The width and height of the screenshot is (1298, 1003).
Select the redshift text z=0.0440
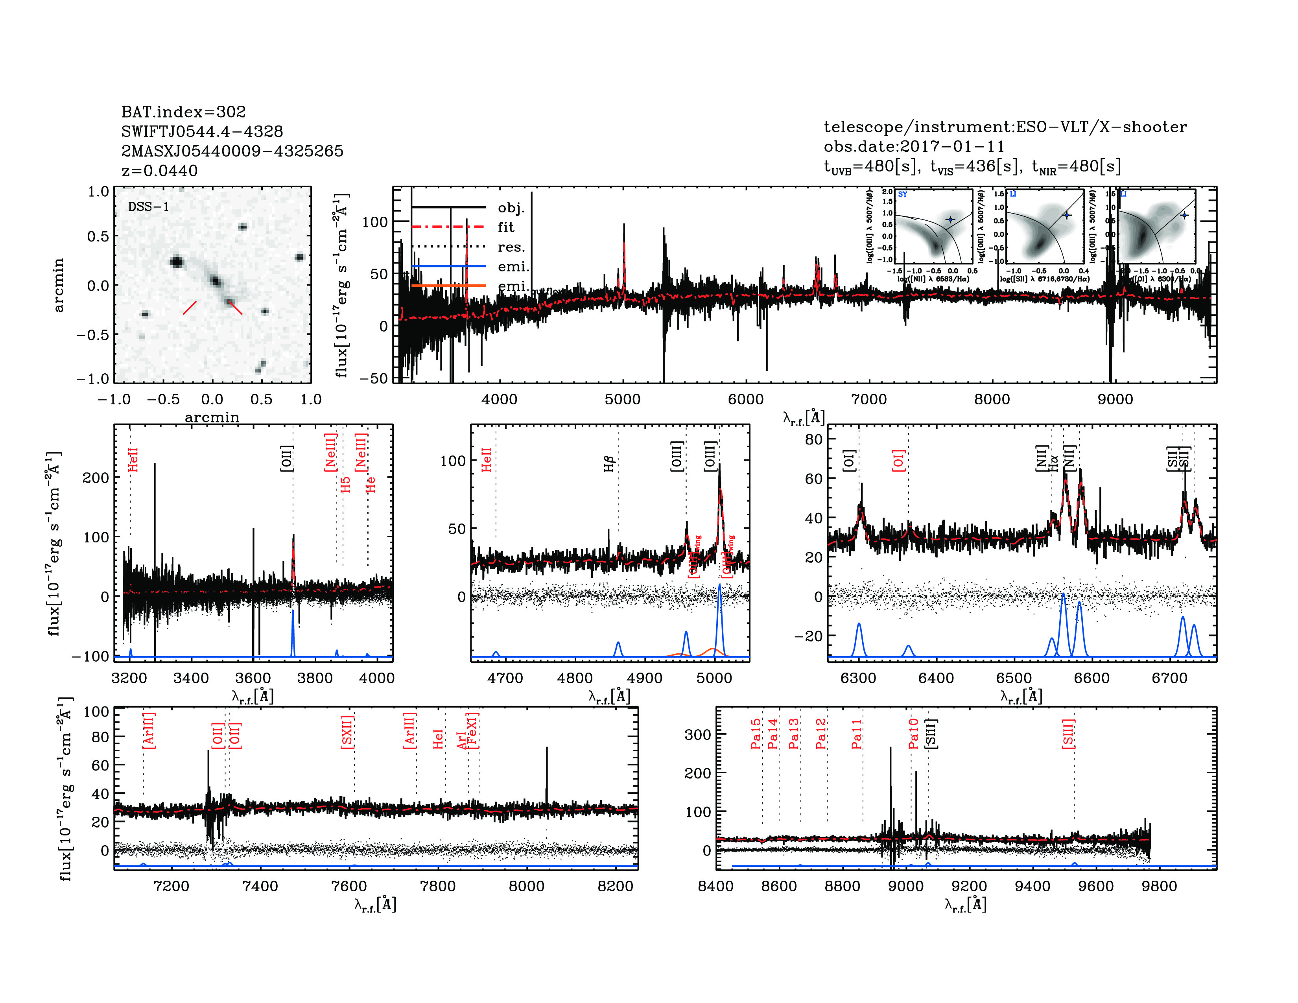(159, 171)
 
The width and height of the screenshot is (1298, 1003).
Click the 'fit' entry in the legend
(506, 227)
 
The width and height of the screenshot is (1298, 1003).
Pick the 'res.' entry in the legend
(511, 247)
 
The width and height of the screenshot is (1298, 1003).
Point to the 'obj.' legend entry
(511, 207)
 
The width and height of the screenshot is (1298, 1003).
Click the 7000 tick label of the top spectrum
(868, 399)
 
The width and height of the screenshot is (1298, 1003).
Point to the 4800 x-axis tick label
(575, 678)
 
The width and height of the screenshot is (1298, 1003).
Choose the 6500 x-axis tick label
(1014, 678)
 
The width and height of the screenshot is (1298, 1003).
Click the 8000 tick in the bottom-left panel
(527, 886)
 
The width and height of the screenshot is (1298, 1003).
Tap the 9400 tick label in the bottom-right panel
(1032, 886)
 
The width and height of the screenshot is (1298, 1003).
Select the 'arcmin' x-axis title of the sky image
(212, 417)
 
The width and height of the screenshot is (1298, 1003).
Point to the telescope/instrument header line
(1005, 127)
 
